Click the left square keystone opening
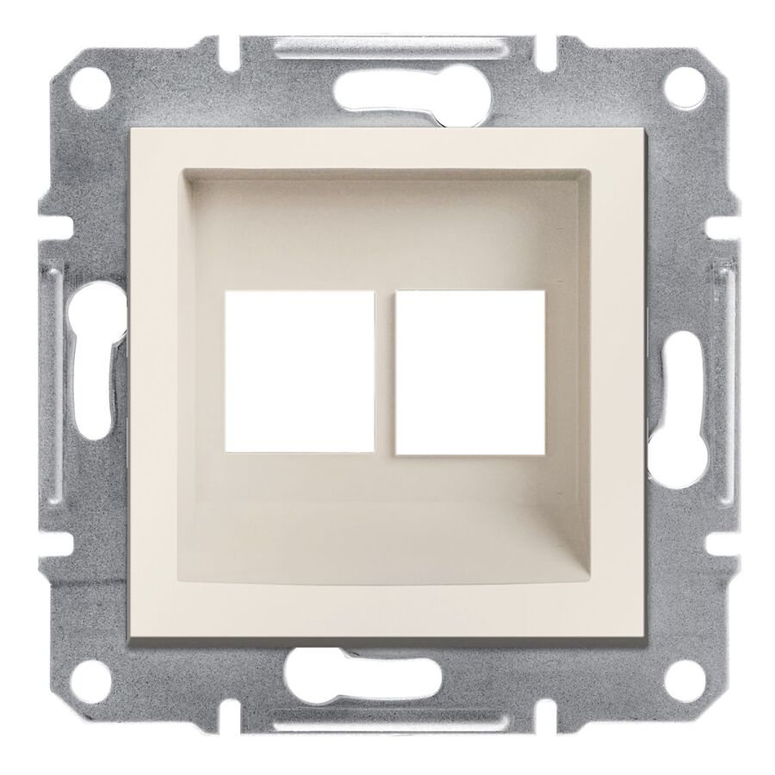pyautogui.click(x=300, y=371)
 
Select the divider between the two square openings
pyautogui.click(x=386, y=371)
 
